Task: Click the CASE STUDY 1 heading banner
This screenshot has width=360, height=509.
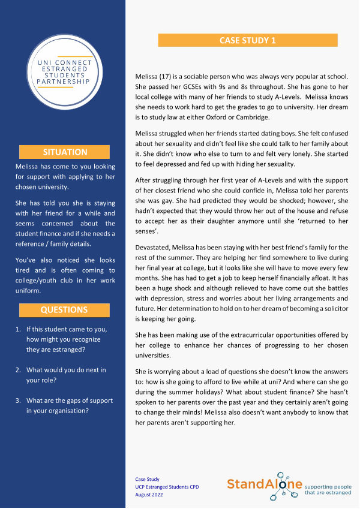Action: (x=248, y=40)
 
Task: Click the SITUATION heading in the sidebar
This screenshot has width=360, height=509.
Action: (x=65, y=152)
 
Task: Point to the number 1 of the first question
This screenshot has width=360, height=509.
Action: (x=18, y=329)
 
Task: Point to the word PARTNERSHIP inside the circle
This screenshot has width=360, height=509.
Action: (x=63, y=81)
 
